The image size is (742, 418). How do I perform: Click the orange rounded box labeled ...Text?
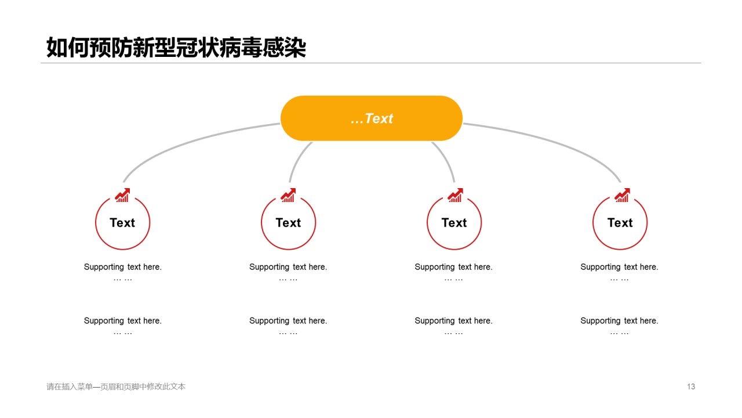pyautogui.click(x=372, y=118)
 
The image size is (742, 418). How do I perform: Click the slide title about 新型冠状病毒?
pyautogui.click(x=176, y=48)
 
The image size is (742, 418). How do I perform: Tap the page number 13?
pyautogui.click(x=691, y=387)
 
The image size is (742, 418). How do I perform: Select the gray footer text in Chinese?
pyautogui.click(x=116, y=387)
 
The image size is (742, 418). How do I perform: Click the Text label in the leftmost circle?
pyautogui.click(x=122, y=222)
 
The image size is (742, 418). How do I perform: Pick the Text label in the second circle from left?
pyautogui.click(x=288, y=222)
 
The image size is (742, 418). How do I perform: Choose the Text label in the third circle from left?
pyautogui.click(x=454, y=222)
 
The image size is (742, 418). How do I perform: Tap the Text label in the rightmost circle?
pyautogui.click(x=620, y=222)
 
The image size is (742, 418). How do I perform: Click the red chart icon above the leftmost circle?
pyautogui.click(x=122, y=195)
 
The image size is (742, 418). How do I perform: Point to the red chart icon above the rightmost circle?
pyautogui.click(x=622, y=195)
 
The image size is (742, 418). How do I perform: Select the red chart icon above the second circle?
pyautogui.click(x=288, y=195)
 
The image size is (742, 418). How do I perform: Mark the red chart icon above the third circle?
pyautogui.click(x=455, y=195)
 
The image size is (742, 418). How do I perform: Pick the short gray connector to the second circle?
pyautogui.click(x=297, y=159)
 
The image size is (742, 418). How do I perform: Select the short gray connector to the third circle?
pyautogui.click(x=446, y=159)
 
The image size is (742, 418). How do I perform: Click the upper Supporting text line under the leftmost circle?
pyautogui.click(x=122, y=267)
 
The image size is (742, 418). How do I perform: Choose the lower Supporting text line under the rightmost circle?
pyautogui.click(x=619, y=321)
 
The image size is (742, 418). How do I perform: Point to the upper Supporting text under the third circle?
pyautogui.click(x=453, y=267)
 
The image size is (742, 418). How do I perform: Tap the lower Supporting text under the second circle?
pyautogui.click(x=288, y=321)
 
